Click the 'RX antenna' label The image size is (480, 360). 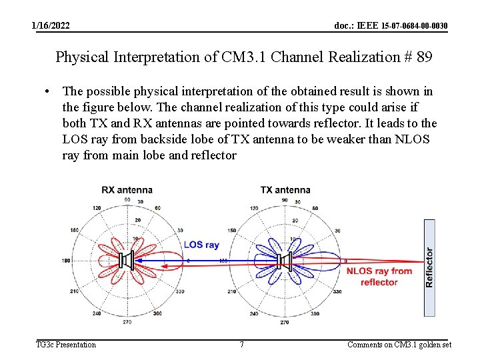[x=127, y=190]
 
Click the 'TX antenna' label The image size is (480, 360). [x=285, y=190]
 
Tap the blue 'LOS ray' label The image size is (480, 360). [x=201, y=245]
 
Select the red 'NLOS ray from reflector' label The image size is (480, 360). [x=379, y=277]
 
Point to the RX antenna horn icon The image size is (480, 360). [x=127, y=261]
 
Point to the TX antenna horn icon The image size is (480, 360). [x=286, y=261]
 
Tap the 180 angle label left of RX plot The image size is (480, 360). [x=66, y=261]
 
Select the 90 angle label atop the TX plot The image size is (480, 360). [x=285, y=200]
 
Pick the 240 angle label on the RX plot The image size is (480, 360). [x=97, y=313]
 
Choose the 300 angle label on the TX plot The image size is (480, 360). [x=315, y=313]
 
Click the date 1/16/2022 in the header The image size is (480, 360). [x=51, y=25]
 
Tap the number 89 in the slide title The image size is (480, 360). [x=424, y=57]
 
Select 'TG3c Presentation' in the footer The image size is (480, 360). [x=65, y=345]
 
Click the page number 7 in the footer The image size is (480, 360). [x=241, y=345]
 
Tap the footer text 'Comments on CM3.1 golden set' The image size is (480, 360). [x=399, y=345]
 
